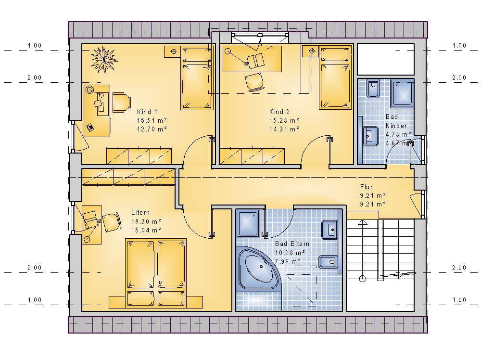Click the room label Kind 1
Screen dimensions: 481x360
pos(147,112)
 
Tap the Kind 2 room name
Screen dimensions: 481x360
pos(279,112)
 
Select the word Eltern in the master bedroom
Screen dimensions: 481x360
pos(140,212)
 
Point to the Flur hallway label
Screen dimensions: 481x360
pos(366,187)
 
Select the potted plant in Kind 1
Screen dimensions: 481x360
pos(104,60)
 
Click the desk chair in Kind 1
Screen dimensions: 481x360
pos(122,102)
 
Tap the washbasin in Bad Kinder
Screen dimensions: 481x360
pos(370,136)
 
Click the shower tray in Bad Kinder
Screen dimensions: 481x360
pos(402,93)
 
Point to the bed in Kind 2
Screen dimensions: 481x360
pos(335,77)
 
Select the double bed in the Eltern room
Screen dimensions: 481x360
pos(156,273)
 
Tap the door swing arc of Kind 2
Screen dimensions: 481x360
pos(310,143)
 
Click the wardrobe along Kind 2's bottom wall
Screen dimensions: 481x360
pos(252,156)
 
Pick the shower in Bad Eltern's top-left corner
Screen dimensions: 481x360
pos(250,223)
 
